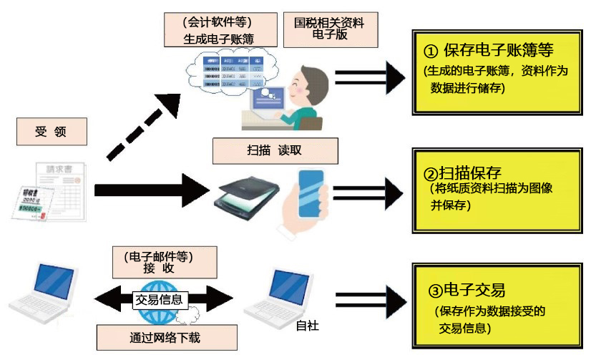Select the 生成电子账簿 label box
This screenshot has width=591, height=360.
(219, 30)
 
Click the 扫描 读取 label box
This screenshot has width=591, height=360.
(265, 151)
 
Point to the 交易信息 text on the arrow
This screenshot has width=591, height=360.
(158, 299)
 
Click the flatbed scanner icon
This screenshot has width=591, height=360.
(244, 194)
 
